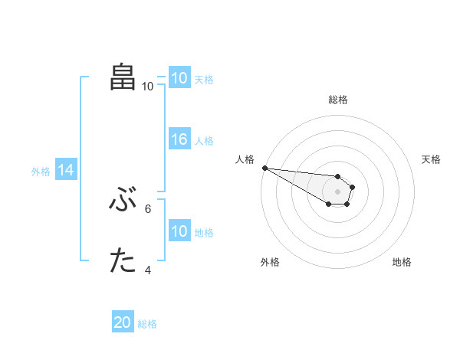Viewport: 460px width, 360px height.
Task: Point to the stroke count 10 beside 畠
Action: click(x=147, y=87)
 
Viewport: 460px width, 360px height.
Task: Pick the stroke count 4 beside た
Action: click(x=148, y=270)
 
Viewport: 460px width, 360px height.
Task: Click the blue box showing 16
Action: click(x=179, y=140)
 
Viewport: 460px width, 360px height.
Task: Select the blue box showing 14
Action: click(x=66, y=171)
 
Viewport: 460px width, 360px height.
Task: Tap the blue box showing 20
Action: click(x=123, y=323)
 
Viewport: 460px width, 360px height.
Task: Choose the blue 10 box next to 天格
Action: click(x=179, y=78)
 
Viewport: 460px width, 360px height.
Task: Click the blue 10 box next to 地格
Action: click(x=179, y=232)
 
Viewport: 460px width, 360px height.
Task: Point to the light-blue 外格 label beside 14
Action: click(x=41, y=172)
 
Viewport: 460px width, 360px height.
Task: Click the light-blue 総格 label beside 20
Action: click(x=147, y=324)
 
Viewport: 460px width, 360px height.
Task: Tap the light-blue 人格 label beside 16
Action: click(x=204, y=141)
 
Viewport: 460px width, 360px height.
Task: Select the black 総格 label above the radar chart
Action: click(x=338, y=100)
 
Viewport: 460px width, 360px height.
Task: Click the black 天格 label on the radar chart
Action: click(x=432, y=159)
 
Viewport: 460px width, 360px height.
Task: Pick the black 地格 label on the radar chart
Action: click(x=402, y=262)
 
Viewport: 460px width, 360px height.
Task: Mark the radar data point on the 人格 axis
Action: click(x=264, y=168)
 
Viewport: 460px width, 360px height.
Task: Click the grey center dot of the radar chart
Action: click(x=338, y=191)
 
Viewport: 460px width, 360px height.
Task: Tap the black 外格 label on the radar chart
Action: click(x=270, y=262)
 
